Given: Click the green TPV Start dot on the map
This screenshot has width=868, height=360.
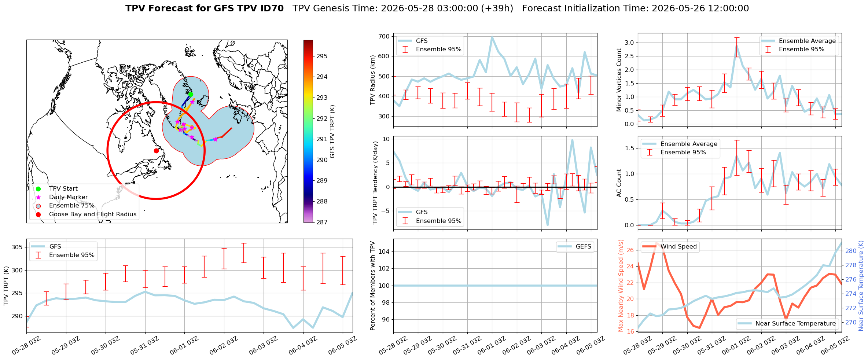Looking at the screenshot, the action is click(x=191, y=94).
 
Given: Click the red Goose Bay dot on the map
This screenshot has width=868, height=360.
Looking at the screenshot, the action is click(x=156, y=151).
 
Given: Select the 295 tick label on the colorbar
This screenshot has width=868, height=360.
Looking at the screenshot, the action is click(x=322, y=56).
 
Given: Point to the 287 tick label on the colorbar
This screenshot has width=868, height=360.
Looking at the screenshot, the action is click(x=322, y=222).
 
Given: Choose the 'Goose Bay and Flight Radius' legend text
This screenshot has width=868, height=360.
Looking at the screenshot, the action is click(x=93, y=214).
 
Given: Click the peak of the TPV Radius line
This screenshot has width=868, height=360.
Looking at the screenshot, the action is click(x=492, y=37).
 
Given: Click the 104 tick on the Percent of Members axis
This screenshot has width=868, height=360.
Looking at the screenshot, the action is click(x=384, y=251).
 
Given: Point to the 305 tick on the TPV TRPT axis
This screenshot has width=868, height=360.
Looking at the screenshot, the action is click(x=17, y=247).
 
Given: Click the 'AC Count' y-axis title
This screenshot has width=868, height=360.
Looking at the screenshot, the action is click(x=619, y=183).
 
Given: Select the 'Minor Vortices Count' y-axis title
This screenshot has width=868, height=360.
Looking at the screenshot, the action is click(x=619, y=80).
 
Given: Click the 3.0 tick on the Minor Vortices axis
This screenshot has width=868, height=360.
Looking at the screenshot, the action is click(x=629, y=43).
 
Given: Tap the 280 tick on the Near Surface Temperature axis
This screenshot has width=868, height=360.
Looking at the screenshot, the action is click(x=851, y=251).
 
